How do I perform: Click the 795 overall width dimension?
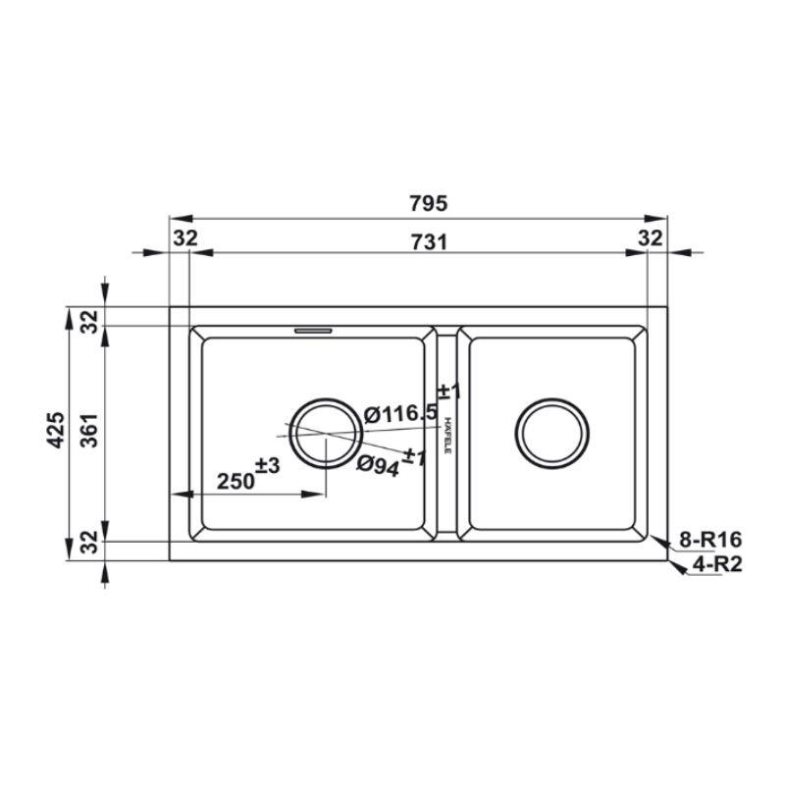428,203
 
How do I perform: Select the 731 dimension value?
429,241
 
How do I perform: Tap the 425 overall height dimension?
56,430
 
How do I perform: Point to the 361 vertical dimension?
90,430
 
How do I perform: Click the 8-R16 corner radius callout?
709,540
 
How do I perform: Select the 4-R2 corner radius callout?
717,564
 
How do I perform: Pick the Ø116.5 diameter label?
400,413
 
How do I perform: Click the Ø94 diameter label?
379,466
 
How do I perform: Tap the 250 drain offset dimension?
235,482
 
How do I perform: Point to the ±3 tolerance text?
267,465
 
